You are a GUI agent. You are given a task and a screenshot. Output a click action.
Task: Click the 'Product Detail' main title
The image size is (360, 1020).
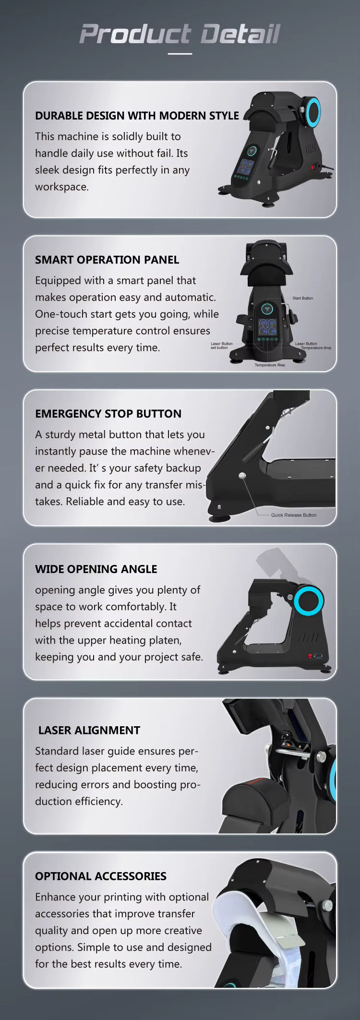coord(180,34)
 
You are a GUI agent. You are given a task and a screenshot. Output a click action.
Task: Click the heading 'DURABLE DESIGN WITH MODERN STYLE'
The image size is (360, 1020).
coord(137,116)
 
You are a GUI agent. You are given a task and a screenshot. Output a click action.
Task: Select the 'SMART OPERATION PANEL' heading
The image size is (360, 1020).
coord(107,260)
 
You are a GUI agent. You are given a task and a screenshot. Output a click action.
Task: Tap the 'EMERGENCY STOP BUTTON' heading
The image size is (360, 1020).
coord(108,414)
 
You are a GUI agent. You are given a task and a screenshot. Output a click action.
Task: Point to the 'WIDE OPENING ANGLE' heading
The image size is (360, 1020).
coord(96,569)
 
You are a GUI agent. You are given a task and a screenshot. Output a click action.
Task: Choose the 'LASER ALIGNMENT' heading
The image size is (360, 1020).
coord(89,730)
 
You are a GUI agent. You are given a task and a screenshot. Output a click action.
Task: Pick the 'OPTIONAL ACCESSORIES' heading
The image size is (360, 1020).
coord(101,876)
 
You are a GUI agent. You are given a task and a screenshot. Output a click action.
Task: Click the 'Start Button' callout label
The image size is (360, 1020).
coord(303,298)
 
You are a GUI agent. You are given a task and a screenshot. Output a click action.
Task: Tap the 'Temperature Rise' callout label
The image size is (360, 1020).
coord(270,365)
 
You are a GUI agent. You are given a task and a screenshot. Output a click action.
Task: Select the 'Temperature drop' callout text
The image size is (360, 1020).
coord(316,348)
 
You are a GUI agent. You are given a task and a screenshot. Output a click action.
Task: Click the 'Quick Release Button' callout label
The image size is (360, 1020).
coord(294,515)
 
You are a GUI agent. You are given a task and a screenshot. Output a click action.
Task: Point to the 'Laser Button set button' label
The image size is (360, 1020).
coord(221,346)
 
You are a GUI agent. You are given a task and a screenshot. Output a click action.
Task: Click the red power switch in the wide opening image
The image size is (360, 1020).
coord(310,656)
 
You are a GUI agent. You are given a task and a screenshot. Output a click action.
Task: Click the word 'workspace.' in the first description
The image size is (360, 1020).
coord(62,187)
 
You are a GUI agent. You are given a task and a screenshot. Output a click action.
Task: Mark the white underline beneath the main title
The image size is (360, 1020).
coord(180,54)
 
